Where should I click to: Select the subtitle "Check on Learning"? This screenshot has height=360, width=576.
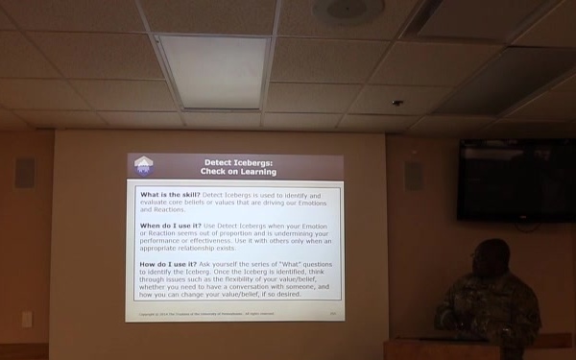[x=237, y=172]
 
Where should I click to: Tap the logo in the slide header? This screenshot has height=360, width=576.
[x=143, y=166]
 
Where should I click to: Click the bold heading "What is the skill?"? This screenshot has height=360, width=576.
[x=170, y=195]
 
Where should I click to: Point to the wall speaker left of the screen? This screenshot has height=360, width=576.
[x=25, y=173]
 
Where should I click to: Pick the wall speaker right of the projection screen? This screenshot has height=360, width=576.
[x=414, y=175]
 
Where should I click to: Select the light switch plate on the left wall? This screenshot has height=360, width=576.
[x=27, y=319]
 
